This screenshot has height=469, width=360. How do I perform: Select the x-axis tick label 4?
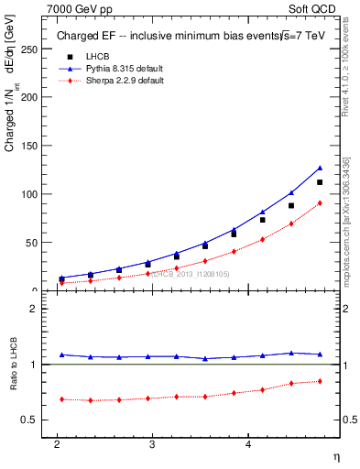tap(248, 444)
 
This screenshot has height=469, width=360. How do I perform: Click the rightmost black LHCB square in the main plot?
tap(320, 182)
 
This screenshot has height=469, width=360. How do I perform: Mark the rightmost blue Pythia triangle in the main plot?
tap(320, 168)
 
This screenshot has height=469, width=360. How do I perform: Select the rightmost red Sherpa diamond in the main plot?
tap(320, 203)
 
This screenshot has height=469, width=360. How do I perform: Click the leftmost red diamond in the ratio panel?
tap(61, 399)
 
